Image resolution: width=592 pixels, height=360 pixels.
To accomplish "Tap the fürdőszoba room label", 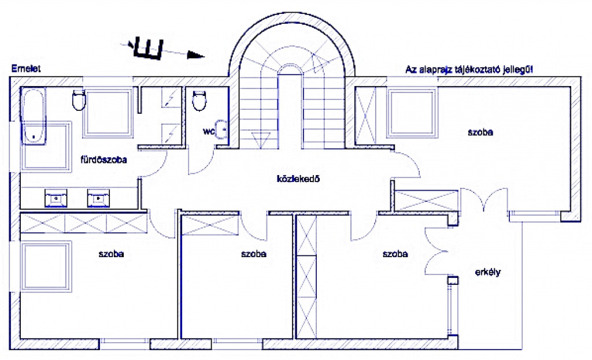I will point(103,159).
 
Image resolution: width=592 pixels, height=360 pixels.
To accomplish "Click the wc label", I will point(208,132).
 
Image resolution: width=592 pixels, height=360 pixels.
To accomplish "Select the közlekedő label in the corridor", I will point(297,179).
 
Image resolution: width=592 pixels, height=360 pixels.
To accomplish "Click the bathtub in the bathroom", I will point(33,116).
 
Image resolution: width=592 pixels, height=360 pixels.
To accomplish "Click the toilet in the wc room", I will point(199,101).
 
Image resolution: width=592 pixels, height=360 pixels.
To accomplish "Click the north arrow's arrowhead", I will point(196,56).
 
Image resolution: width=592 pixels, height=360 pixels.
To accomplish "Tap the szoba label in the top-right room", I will point(480,132).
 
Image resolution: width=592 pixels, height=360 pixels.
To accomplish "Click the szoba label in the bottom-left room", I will point(112,254).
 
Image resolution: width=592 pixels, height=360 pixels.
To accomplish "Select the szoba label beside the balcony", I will point(395,254).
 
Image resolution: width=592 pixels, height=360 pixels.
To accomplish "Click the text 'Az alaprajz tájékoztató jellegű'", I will point(469,69).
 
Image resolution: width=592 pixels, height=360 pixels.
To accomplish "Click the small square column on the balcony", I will point(453,281).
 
